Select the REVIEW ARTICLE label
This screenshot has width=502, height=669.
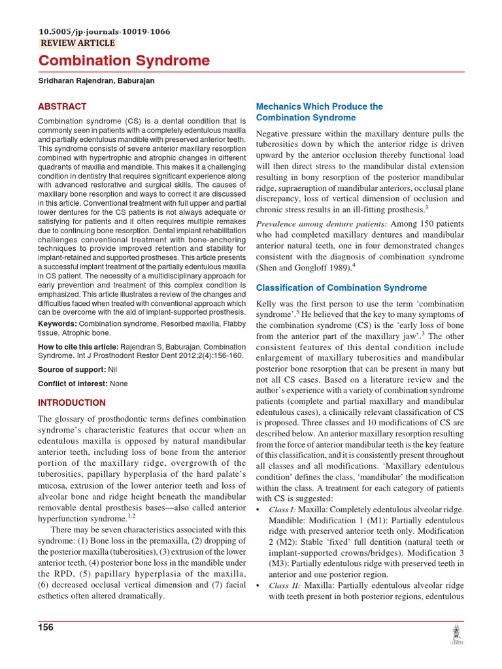pos(78,43)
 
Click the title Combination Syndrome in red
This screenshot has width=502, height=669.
pos(124,61)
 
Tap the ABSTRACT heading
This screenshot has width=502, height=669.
pos(62,106)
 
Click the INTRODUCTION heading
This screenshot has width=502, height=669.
pos(72,402)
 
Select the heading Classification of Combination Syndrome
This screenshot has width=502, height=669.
pos(341,287)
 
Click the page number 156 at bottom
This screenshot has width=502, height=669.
pos(46,627)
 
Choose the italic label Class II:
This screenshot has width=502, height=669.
pos(284,586)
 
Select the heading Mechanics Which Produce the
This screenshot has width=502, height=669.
pos(320,106)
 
